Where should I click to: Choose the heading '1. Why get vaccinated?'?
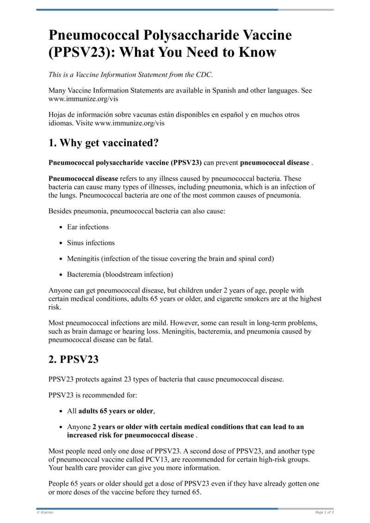[x=104, y=143]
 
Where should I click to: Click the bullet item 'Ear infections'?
[x=88, y=227]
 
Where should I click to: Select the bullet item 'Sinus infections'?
[x=91, y=243]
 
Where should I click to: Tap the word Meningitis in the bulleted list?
[x=83, y=258]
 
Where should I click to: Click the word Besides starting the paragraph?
[x=61, y=211]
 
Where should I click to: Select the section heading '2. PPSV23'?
[x=74, y=359]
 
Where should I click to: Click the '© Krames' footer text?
[x=45, y=512]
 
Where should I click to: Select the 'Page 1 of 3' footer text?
[x=324, y=512]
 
